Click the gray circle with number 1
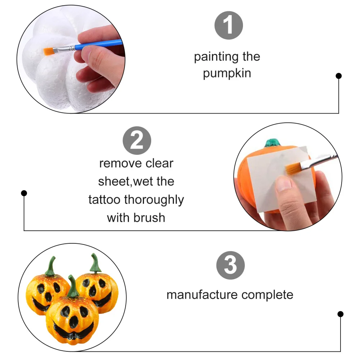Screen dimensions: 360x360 (x=229, y=25)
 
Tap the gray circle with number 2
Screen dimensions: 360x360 (x=137, y=140)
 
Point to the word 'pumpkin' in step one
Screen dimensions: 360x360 (x=227, y=73)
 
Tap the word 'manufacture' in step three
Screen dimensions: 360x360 (x=202, y=295)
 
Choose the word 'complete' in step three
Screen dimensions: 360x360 (x=267, y=295)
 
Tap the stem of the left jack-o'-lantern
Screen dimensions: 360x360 (x=51, y=266)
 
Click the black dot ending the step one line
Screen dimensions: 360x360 (x=338, y=76)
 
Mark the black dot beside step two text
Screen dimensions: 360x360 (x=24, y=193)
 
